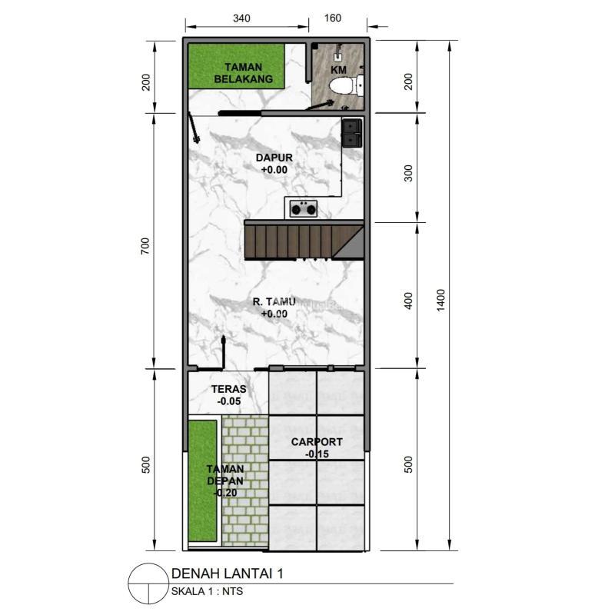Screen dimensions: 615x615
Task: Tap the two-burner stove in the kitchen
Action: coord(303,208)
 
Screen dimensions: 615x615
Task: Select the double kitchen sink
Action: coord(352,133)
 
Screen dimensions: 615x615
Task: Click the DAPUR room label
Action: coord(274,158)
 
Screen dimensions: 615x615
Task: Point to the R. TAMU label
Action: coord(274,301)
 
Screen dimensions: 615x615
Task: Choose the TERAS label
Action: coord(229,389)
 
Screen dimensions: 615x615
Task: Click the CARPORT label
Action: coord(317,441)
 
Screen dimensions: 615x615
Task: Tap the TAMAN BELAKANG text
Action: coord(243,73)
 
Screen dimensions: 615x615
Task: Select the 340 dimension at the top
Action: coord(241,18)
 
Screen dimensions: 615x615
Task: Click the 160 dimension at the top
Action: coord(333,18)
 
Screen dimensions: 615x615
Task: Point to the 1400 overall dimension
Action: coord(440,301)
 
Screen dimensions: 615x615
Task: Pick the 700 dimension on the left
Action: coord(145,246)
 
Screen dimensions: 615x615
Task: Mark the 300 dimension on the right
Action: coord(408,174)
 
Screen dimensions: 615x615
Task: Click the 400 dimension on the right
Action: coord(408,301)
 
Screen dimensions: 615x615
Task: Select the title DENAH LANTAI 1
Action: coord(227,573)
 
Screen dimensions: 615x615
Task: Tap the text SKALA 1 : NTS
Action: coord(207,591)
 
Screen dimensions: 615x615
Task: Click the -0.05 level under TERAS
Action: coord(229,401)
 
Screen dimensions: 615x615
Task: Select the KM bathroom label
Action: coord(338,70)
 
